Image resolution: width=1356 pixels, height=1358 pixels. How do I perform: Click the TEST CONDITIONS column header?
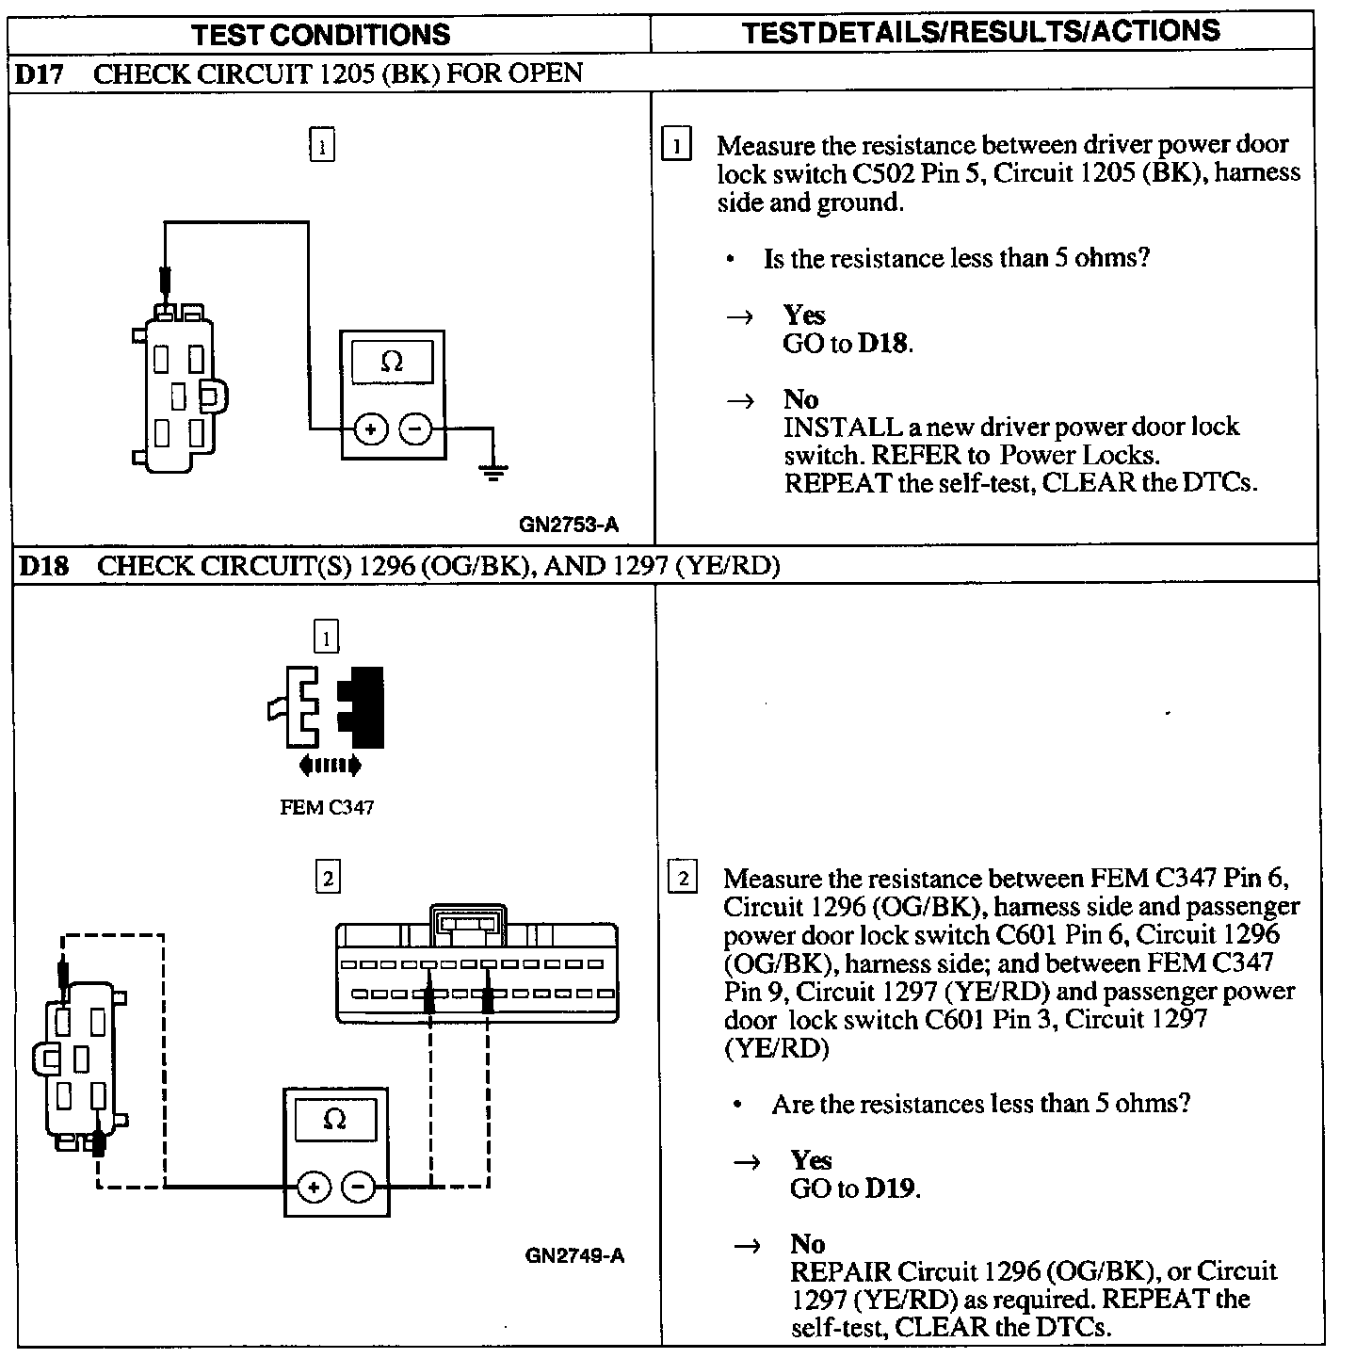coord(321,35)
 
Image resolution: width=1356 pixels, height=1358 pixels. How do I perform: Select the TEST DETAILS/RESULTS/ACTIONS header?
coord(980,31)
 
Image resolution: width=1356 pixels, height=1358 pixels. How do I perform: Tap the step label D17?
coord(40,74)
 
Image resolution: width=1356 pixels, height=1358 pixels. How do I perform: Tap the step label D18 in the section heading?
coord(43,566)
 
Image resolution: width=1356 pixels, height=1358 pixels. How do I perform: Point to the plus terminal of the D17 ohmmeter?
coord(371,430)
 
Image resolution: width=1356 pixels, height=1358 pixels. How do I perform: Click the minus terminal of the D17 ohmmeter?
coord(415,430)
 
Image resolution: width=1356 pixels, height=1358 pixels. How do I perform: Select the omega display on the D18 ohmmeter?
coord(334,1120)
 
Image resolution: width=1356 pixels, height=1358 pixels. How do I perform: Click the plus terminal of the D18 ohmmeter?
coord(313,1187)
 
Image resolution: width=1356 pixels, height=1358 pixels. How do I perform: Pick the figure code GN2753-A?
coord(569,525)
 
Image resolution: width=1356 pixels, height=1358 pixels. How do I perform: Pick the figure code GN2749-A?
coord(574,1255)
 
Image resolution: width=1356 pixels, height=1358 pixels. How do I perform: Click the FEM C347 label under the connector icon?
coord(327,807)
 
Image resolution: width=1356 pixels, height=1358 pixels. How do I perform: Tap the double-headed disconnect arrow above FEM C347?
coord(330,765)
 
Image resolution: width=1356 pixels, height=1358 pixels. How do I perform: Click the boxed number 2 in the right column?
coord(682,879)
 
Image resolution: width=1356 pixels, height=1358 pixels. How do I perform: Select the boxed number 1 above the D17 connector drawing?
coord(322,146)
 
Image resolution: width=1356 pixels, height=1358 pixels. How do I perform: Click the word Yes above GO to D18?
coord(804,315)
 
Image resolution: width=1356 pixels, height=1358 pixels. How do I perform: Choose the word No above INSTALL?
coord(800,399)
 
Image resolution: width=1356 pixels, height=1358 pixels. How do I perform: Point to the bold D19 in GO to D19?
coord(890,1188)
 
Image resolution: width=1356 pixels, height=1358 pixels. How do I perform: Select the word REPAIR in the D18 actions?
coord(840,1271)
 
